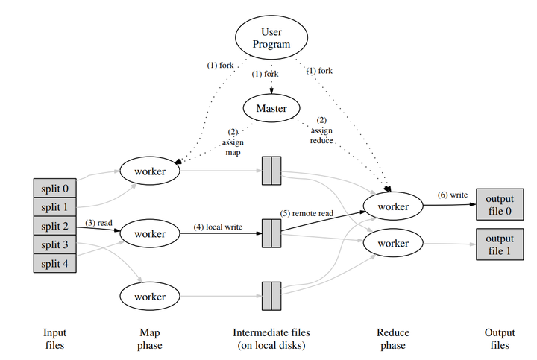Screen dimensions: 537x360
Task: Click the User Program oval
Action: pos(271,38)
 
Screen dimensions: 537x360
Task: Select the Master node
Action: pos(271,108)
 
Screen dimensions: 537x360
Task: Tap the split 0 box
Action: pos(54,188)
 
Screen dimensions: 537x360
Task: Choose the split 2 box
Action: pos(54,226)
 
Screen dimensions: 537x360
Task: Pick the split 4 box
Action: pos(54,264)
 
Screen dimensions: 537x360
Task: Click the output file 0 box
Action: pos(500,204)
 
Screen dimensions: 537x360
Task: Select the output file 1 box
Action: pos(500,244)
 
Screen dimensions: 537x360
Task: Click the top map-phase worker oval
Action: pos(150,171)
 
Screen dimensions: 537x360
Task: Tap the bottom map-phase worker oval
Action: pos(150,297)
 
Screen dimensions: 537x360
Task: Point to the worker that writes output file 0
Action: pos(393,206)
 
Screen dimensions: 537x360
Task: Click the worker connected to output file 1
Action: pos(393,243)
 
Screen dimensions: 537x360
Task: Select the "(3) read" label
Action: pos(98,223)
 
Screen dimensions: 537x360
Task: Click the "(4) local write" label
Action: pos(218,227)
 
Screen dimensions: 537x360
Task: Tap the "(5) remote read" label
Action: pos(307,213)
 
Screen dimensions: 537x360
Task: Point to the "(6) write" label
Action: pos(453,195)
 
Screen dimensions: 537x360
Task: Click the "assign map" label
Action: pos(233,147)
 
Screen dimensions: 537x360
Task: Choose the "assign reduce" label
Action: pos(321,136)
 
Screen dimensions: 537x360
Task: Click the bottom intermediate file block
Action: pos(271,297)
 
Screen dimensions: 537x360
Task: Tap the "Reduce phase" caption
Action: pos(393,339)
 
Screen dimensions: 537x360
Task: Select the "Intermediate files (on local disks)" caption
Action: pos(271,339)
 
